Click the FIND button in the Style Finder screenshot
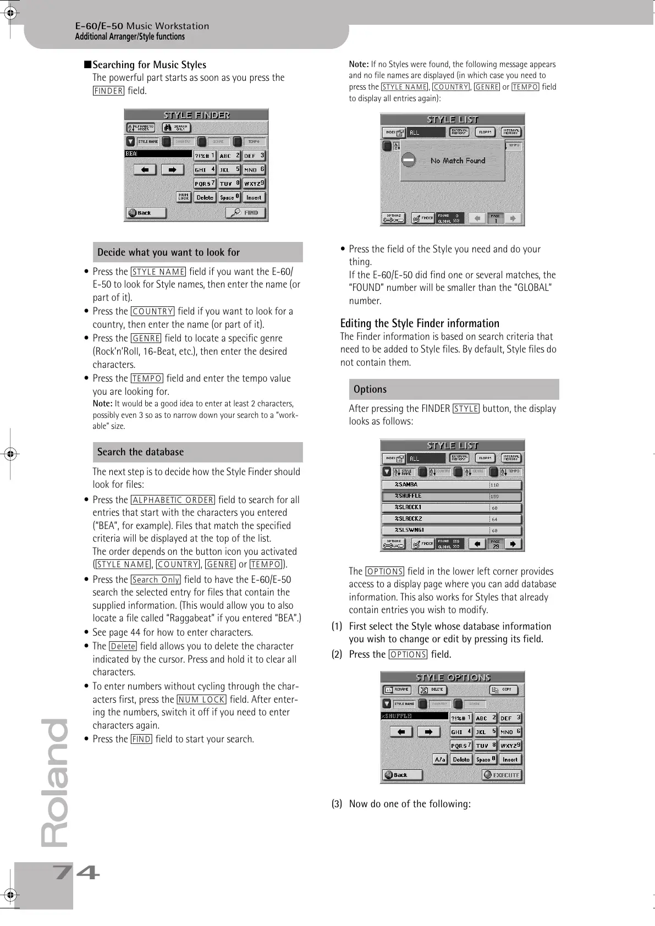[x=246, y=213]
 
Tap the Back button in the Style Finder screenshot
[x=145, y=213]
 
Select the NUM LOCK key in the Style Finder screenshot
[x=183, y=197]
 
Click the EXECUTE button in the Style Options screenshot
[x=502, y=775]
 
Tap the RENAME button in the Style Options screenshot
[x=396, y=690]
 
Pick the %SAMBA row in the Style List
[x=451, y=484]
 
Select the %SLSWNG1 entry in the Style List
[x=451, y=530]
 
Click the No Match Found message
[x=458, y=161]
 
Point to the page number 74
[x=76, y=873]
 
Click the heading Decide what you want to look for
[x=168, y=252]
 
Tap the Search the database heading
[x=140, y=452]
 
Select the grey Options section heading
[x=370, y=389]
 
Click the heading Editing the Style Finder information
[x=420, y=323]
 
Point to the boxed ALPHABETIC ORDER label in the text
[x=173, y=500]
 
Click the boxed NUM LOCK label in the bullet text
[x=201, y=699]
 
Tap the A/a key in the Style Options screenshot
[x=439, y=759]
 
